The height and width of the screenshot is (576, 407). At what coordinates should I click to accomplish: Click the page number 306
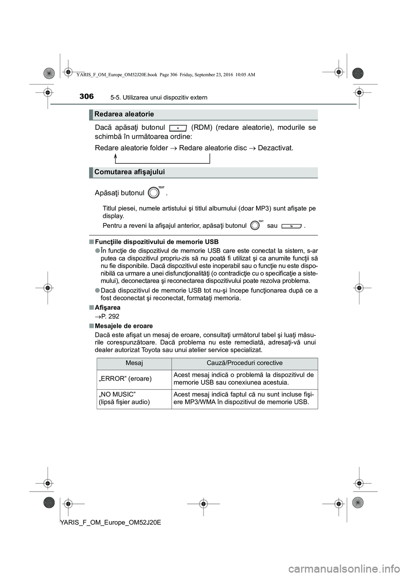pyautogui.click(x=86, y=96)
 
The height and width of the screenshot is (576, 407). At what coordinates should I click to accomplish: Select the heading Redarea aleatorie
pyautogui.click(x=124, y=114)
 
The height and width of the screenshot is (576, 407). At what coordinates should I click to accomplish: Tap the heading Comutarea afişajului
pyautogui.click(x=130, y=172)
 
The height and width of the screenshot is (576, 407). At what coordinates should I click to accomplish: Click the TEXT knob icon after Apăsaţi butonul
pyautogui.click(x=155, y=193)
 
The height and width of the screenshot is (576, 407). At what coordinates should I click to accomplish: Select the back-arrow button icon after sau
pyautogui.click(x=291, y=226)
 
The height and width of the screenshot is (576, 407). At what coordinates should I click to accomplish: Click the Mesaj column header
pyautogui.click(x=134, y=363)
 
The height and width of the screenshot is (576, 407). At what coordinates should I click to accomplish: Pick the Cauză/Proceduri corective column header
pyautogui.click(x=245, y=363)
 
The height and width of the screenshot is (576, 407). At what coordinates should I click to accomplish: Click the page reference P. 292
pyautogui.click(x=110, y=316)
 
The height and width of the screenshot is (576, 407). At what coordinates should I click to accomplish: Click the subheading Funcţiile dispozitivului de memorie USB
pyautogui.click(x=157, y=242)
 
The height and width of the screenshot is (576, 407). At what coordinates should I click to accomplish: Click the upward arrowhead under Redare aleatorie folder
pyautogui.click(x=116, y=156)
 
